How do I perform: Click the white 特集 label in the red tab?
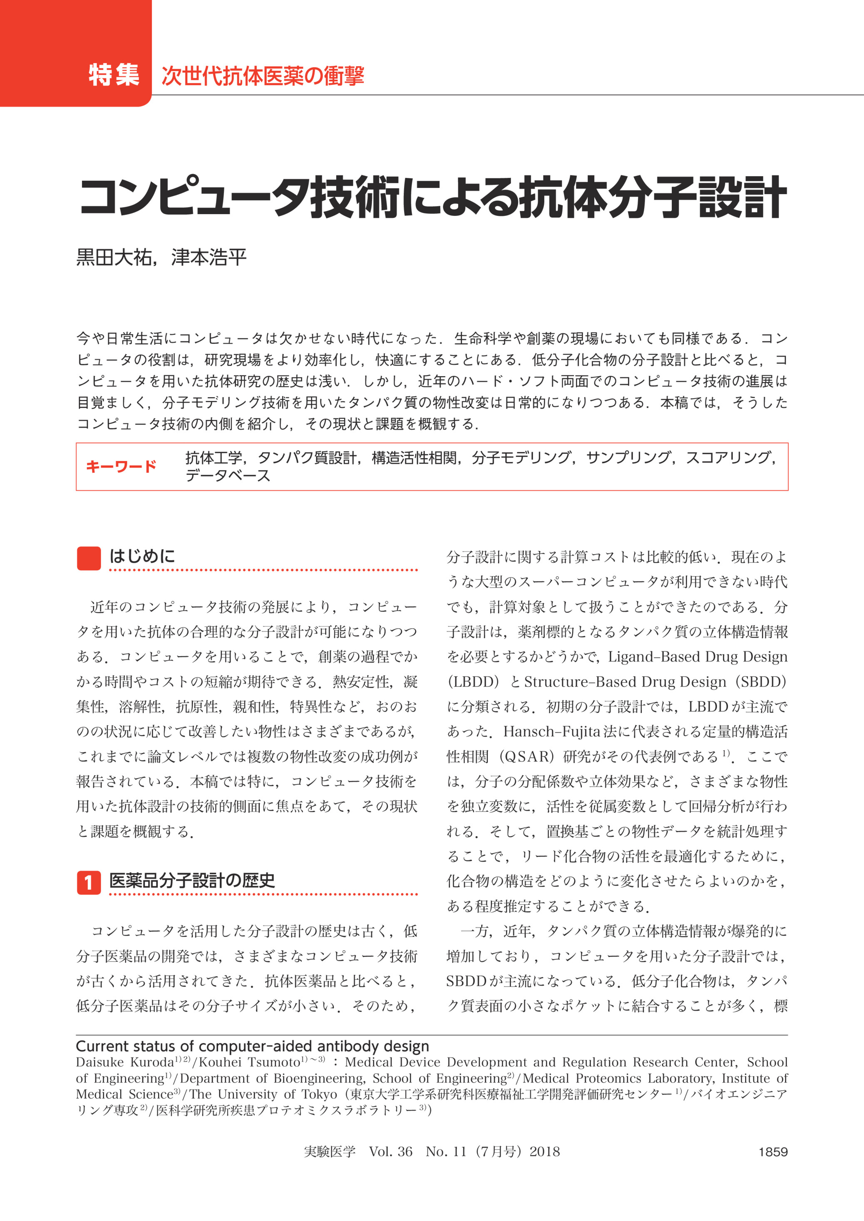pos(114,75)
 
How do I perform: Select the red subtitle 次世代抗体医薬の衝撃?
pos(263,76)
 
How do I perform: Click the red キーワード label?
pos(121,467)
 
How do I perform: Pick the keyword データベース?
pos(228,475)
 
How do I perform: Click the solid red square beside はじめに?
pos(89,559)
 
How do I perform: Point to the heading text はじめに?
pos(142,557)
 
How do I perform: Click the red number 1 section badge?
pos(89,882)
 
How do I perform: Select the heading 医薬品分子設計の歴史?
pos(192,881)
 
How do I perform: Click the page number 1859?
pos(772,1152)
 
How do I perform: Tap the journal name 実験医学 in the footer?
pos(329,1152)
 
